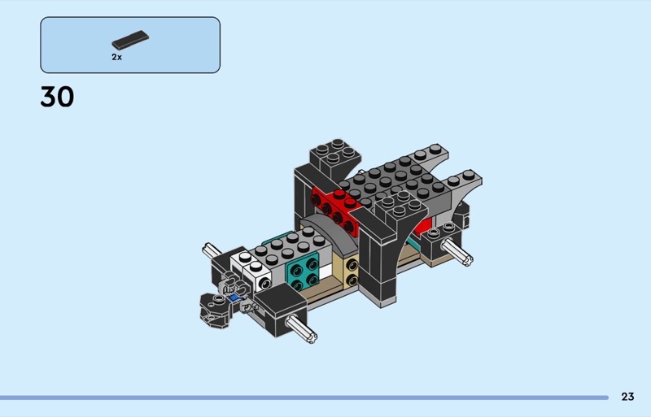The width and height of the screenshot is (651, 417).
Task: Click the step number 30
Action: (x=57, y=97)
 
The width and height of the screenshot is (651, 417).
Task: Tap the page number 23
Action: (x=627, y=397)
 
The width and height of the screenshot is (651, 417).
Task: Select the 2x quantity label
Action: (x=116, y=57)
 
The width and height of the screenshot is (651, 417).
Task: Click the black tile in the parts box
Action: (x=130, y=41)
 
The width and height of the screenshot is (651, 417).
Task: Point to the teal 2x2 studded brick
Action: (x=302, y=271)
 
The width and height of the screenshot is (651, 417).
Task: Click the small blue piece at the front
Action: (x=234, y=298)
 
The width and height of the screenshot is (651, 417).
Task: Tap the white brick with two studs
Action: (x=251, y=267)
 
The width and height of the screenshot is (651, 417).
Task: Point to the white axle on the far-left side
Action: (x=212, y=250)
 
